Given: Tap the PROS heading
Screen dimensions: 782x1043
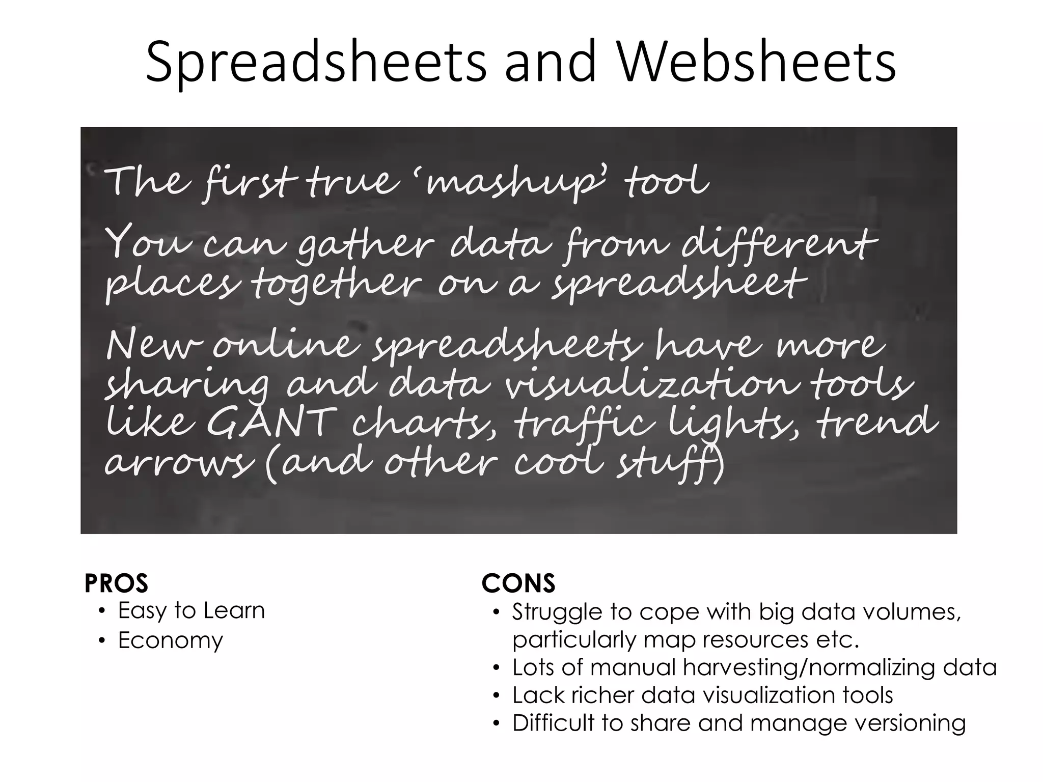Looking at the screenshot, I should [x=116, y=583].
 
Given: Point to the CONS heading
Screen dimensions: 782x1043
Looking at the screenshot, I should [x=518, y=583].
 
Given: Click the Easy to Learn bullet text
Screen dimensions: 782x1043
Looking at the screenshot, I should [x=191, y=610].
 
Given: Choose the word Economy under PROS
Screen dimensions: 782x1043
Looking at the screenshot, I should [x=171, y=640].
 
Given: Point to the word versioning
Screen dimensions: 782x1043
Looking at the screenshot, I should [x=910, y=723].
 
